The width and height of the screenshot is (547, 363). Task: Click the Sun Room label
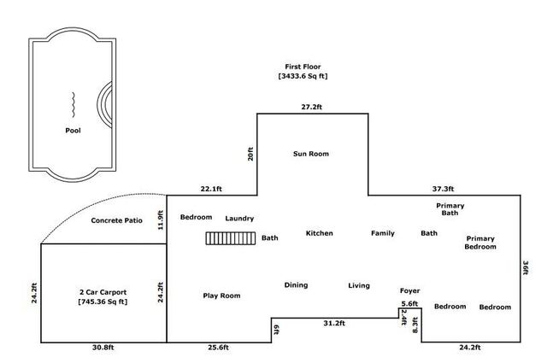point(311,154)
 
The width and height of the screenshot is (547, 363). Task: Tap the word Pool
point(74,131)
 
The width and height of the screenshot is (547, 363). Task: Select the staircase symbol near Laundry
point(230,239)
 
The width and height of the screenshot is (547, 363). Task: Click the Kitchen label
point(319,233)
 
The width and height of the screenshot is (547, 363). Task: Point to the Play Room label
point(221,296)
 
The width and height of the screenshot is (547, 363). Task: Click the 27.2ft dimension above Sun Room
point(311,108)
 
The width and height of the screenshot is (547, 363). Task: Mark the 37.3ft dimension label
point(442,189)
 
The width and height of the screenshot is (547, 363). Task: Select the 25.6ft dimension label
point(218,348)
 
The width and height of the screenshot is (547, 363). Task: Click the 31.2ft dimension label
point(334,323)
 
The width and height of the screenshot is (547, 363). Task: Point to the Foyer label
point(409,291)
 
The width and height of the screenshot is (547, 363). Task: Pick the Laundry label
point(239,219)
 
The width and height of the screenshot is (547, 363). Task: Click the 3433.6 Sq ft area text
point(303,76)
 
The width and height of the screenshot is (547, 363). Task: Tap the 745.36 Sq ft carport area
point(103,302)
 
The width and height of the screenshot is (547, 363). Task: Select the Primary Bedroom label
point(480,243)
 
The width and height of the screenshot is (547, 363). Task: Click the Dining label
point(296,285)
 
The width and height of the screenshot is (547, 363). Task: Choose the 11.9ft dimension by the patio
point(160,220)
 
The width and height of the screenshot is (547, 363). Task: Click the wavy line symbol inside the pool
point(74,104)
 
